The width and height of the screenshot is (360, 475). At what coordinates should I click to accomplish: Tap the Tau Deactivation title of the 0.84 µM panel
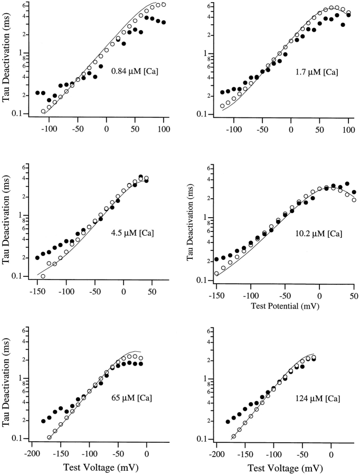point(7,59)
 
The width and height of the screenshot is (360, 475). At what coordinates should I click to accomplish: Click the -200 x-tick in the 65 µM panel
point(32,454)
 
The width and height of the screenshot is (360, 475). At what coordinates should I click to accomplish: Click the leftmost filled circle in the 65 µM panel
point(43,421)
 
